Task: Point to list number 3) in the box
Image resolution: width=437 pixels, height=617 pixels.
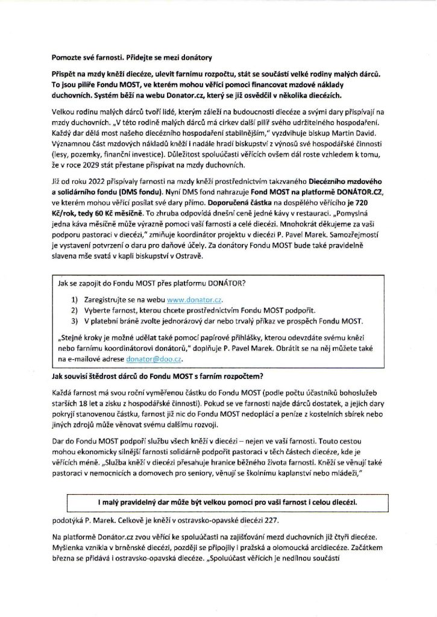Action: (75, 320)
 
